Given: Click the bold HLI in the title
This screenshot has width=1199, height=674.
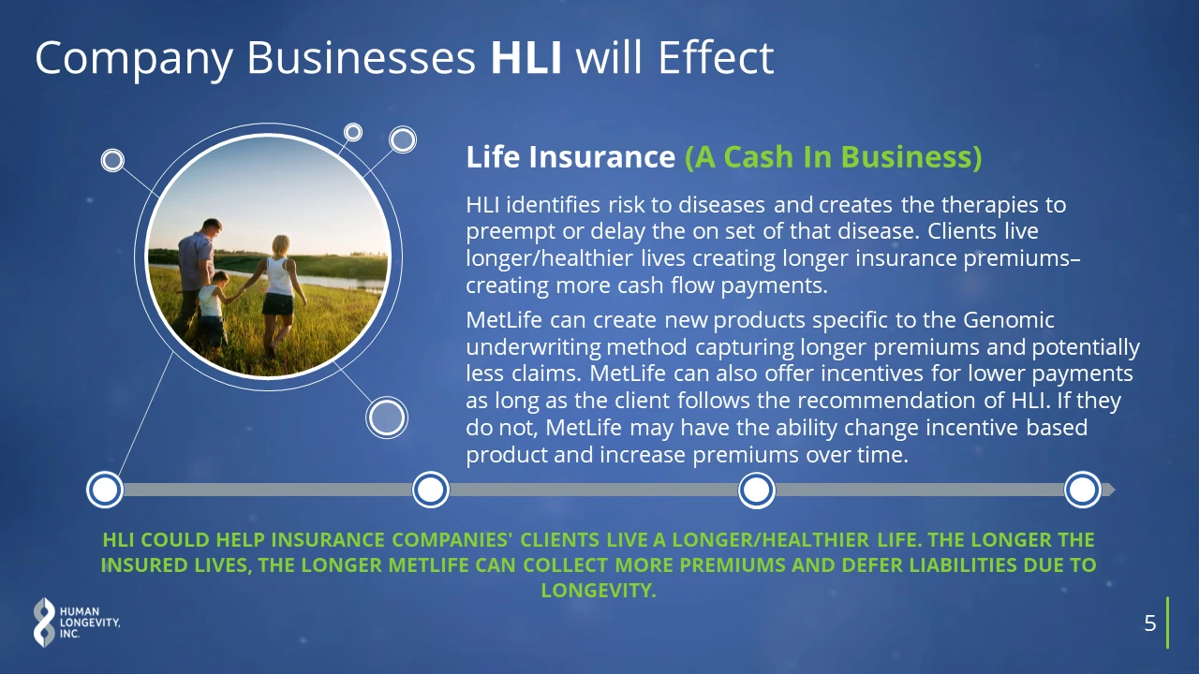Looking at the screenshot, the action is coord(526,57).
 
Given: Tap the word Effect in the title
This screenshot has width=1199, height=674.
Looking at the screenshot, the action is coord(716,57).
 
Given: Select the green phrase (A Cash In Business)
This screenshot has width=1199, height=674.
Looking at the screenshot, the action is coord(834,156).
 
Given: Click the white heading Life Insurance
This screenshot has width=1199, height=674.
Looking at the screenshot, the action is coord(570,156).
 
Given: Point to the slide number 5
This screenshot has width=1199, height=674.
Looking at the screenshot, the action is coord(1149,623).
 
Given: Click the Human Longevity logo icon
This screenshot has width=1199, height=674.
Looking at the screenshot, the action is coord(44,623).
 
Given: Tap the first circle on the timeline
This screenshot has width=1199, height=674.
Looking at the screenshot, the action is coord(105,490).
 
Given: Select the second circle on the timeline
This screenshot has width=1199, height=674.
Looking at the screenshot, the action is coord(431,490).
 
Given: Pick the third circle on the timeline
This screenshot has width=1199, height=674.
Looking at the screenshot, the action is coord(756,490).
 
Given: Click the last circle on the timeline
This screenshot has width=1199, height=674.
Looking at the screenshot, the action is coord(1082,490).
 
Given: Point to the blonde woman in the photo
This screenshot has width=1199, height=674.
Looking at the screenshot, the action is coord(278,294).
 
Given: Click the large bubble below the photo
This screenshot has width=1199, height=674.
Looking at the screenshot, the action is coord(387,418).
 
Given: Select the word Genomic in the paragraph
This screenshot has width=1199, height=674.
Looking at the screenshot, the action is coord(1009,320).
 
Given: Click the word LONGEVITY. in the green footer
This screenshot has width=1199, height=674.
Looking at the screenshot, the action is coord(599,591).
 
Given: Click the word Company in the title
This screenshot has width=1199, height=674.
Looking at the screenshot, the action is coord(134,59).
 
